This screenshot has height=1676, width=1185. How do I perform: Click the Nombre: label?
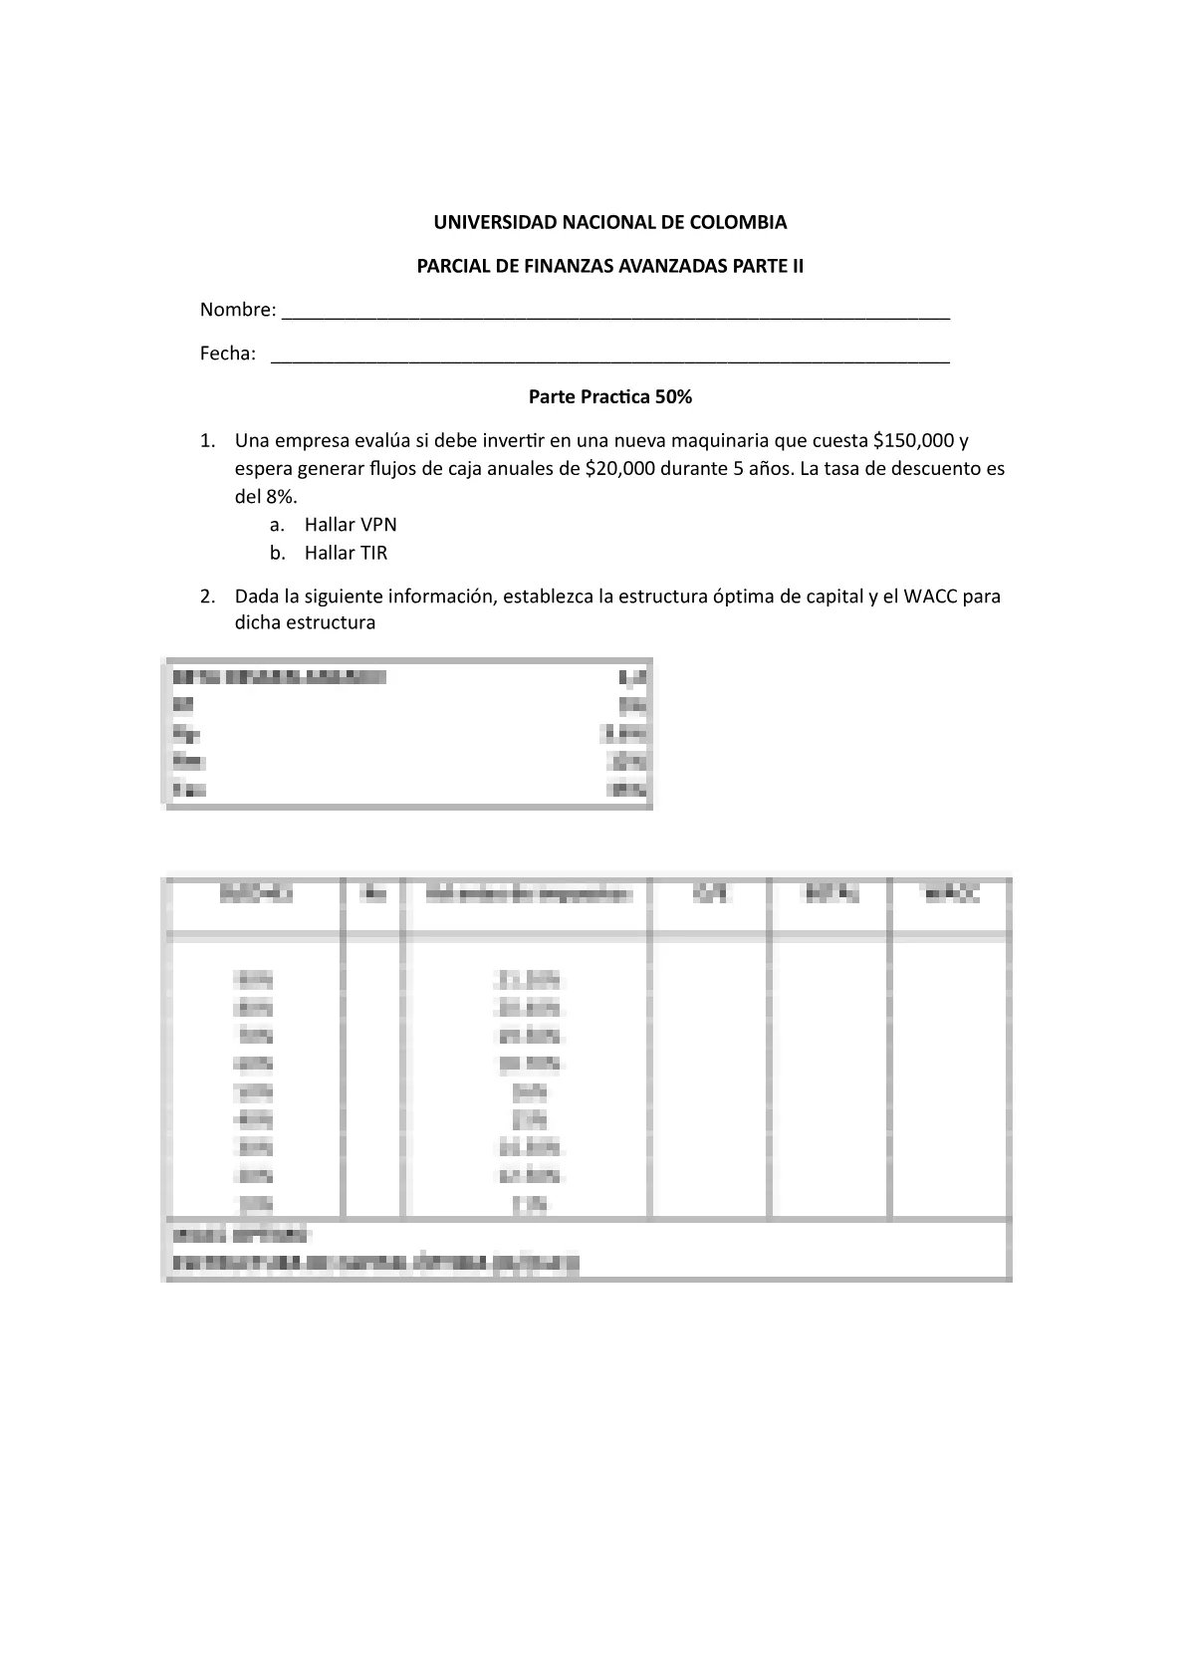point(238,310)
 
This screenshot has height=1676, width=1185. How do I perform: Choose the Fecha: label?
point(228,354)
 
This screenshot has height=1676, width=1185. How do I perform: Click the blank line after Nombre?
point(615,315)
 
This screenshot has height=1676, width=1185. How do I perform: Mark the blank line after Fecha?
point(609,359)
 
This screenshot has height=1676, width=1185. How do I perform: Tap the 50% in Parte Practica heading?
point(672,397)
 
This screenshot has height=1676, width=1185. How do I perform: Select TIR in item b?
point(373,553)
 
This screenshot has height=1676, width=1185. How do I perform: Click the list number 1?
point(206,440)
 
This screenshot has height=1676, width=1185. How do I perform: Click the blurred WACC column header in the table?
point(951,895)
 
